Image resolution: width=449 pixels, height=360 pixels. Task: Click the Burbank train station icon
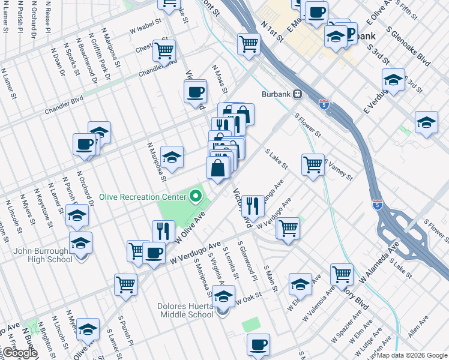click(x=297, y=95)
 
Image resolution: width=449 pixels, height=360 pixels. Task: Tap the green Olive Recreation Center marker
click(x=196, y=196)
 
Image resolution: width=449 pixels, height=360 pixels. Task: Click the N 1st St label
click(x=272, y=32)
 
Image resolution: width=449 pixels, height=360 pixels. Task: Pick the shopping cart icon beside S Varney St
click(x=313, y=164)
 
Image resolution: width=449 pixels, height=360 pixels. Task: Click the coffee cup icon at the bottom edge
click(x=259, y=344)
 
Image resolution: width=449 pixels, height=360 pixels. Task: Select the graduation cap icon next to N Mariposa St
click(x=172, y=157)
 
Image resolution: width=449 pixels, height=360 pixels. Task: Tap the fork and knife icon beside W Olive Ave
click(x=163, y=230)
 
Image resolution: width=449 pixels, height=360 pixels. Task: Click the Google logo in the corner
click(x=19, y=353)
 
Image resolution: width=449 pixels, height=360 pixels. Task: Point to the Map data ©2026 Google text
click(x=412, y=355)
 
